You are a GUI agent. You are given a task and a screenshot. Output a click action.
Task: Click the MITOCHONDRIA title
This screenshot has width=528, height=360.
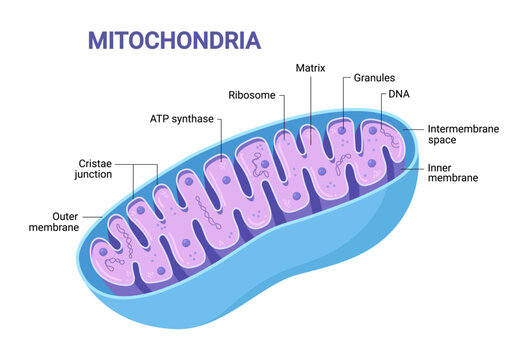coord(174,40)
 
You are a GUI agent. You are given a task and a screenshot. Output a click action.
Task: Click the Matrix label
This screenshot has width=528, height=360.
coord(310,68)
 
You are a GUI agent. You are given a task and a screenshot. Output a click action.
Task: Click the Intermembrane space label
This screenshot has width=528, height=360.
coord(459,135)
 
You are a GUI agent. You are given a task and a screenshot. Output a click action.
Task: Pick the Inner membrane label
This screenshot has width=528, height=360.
coord(452,172)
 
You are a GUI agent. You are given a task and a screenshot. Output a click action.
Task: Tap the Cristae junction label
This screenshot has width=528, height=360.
coord(102,169)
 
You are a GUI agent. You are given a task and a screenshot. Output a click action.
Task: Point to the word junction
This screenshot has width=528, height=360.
coord(102,176)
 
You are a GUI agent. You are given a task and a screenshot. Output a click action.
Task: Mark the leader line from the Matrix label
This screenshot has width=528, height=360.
coord(310,100)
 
